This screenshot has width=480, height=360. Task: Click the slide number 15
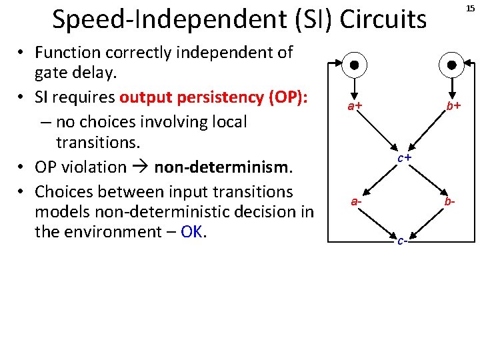pyautogui.click(x=471, y=9)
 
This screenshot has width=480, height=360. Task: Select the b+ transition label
pyautogui.click(x=454, y=106)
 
